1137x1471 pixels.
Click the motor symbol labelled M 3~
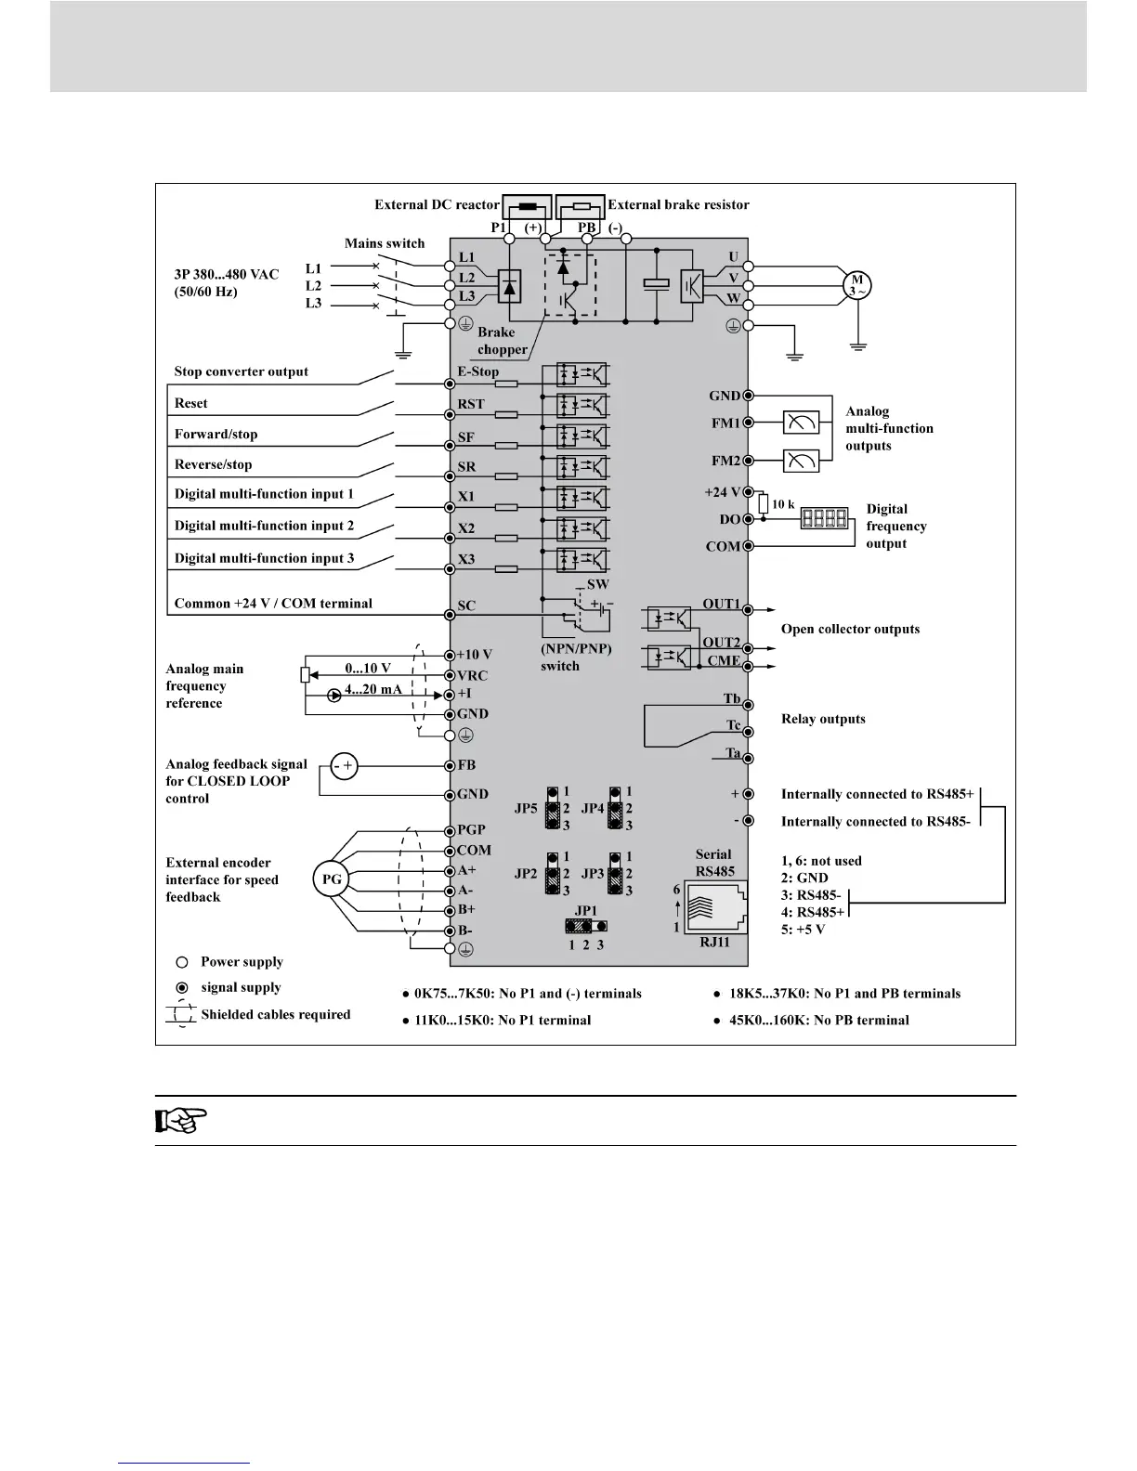coord(856,285)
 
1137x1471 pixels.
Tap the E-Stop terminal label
coord(477,371)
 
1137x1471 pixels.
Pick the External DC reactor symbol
coord(526,206)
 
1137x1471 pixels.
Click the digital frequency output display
coord(826,518)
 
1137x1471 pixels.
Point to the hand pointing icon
coord(180,1121)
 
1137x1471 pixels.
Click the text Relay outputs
coord(823,719)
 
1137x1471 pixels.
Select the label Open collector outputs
coord(850,629)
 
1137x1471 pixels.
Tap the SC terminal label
coord(466,605)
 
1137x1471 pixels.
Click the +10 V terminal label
coord(474,655)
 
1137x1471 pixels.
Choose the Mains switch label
coord(385,243)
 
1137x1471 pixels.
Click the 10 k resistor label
coord(783,504)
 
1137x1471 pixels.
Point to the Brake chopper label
coord(502,341)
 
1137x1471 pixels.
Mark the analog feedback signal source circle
coord(345,766)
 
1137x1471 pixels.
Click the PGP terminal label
coord(471,829)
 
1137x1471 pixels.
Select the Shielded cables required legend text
coord(276,1014)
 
